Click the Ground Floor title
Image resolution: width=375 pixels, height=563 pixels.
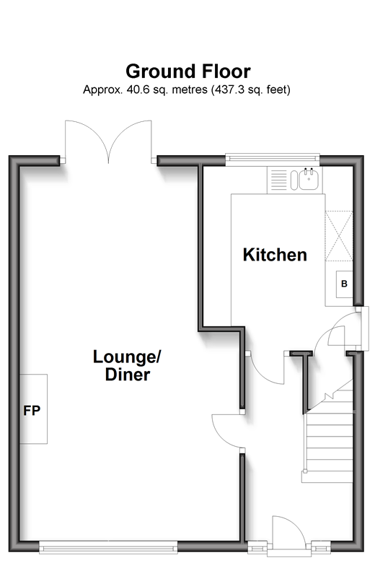pos(187,71)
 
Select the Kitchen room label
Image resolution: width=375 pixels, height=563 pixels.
pos(275,255)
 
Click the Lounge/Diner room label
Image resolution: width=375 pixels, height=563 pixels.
pos(127,365)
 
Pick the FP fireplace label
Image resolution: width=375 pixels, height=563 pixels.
pos(32,411)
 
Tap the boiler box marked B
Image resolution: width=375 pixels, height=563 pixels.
pos(344,284)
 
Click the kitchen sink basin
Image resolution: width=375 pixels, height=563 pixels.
pos(309,179)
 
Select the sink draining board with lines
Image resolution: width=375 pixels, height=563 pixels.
pos(278,180)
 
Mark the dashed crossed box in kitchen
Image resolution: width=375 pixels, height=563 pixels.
pos(339,236)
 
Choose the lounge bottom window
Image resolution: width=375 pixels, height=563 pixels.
pos(108,548)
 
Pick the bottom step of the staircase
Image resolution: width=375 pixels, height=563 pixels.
pos(327,477)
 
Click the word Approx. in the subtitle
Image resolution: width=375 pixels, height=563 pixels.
pos(103,90)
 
